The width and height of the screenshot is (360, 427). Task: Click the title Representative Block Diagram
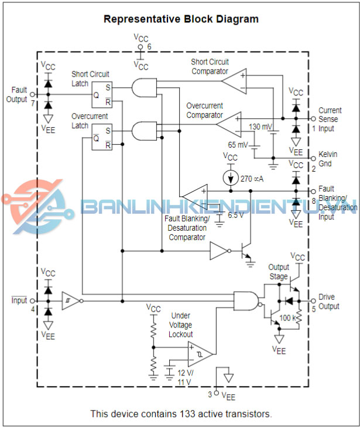tap(181, 19)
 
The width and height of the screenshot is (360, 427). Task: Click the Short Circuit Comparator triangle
tap(238, 81)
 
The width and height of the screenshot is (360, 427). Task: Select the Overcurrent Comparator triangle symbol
tap(229, 123)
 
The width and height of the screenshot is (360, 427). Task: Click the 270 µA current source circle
tap(233, 177)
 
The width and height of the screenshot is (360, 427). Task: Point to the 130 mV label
tap(260, 127)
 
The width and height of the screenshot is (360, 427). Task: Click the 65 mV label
tap(237, 145)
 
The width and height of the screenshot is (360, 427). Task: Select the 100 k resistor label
tap(289, 317)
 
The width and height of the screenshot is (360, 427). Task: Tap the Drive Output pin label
tap(329, 301)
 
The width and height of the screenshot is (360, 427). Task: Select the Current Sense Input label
tap(330, 119)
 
